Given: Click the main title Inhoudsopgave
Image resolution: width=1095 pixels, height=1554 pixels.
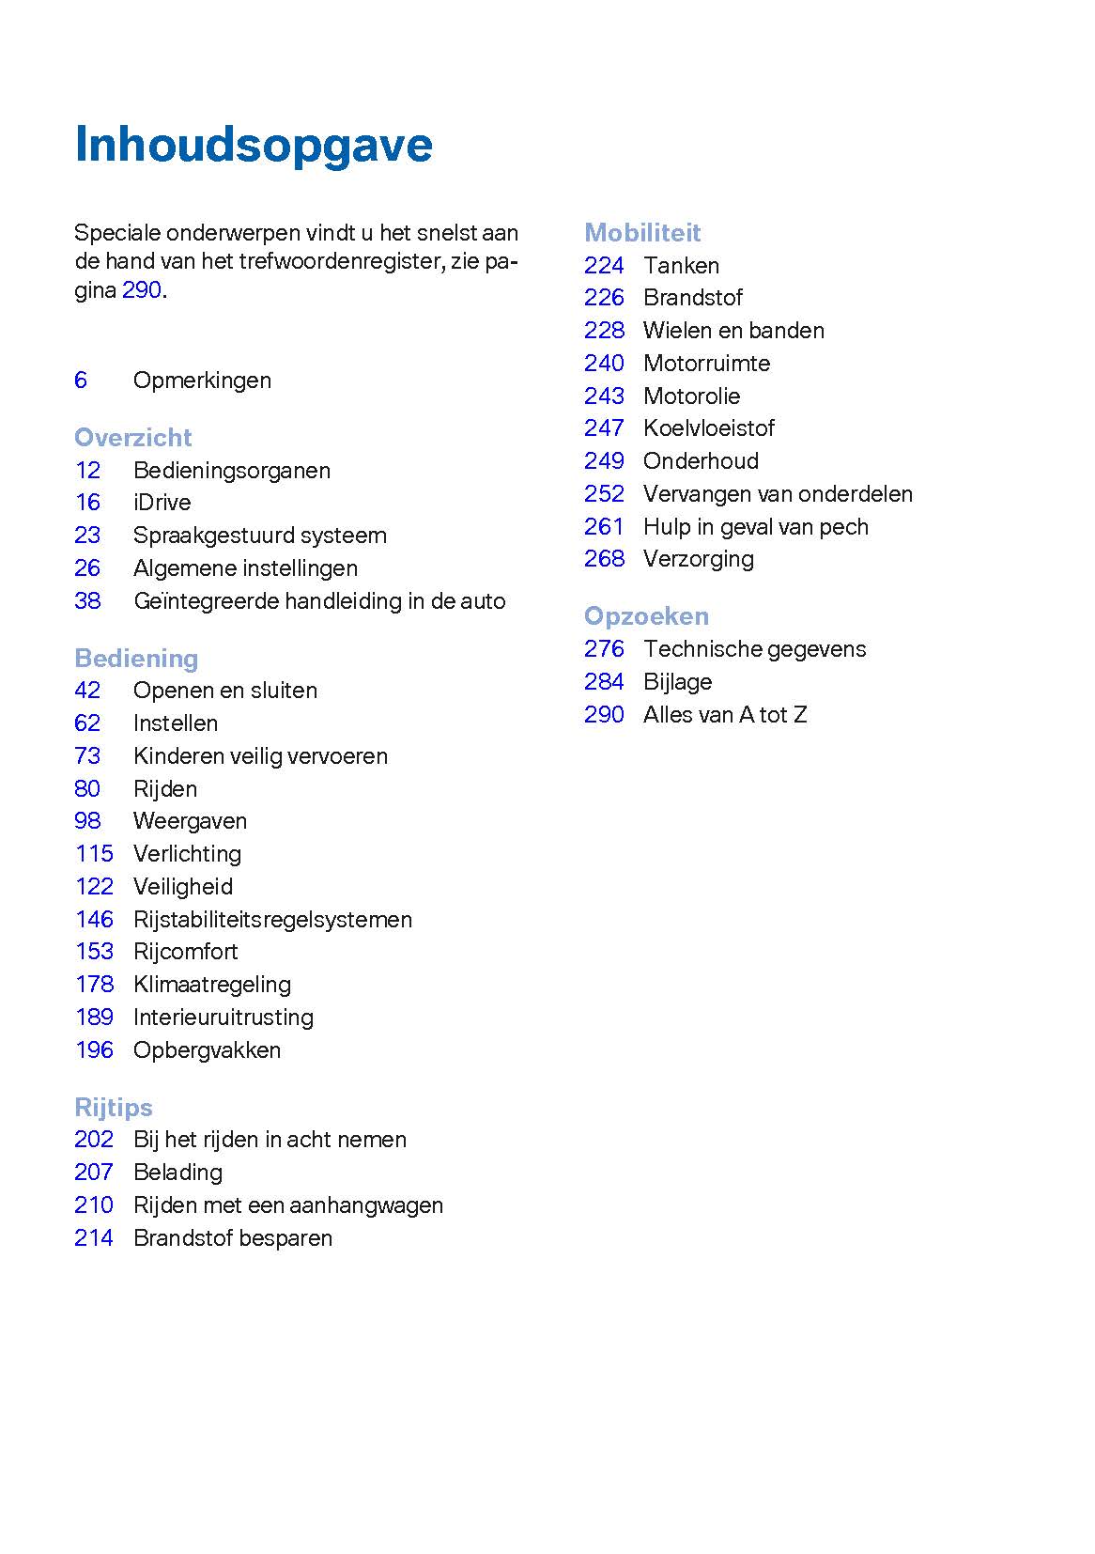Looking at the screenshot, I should tap(253, 146).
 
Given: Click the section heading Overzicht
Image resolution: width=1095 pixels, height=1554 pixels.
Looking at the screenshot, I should tap(132, 438).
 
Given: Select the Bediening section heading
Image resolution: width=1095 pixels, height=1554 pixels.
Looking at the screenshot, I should tap(136, 659).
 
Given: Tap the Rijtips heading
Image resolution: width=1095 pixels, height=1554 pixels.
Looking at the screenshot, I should tap(113, 1107).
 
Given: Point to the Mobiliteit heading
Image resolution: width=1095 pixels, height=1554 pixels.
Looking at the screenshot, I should tap(642, 233).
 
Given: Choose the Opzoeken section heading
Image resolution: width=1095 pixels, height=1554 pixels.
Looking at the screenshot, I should tap(646, 616).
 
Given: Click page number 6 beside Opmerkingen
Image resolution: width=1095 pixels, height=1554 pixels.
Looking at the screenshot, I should tap(81, 381).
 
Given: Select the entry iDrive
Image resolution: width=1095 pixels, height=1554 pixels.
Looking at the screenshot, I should tap(162, 503).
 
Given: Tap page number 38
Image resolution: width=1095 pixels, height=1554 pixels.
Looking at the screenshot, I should tap(87, 601).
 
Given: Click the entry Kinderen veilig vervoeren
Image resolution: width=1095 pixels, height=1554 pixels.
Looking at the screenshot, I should tap(260, 756).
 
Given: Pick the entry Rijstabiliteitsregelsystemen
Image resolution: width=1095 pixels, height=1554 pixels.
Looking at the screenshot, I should tap(272, 920).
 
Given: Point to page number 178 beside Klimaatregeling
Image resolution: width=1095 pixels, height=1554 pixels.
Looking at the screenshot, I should tap(94, 985).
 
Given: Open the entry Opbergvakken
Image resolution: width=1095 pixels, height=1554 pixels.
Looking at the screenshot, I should tap(207, 1050).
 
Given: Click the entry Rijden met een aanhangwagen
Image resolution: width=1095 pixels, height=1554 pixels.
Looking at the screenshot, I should tap(287, 1205).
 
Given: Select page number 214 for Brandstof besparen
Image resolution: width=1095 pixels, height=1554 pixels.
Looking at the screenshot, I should tap(94, 1238).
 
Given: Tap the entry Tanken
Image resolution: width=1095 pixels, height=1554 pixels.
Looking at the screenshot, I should tap(681, 266).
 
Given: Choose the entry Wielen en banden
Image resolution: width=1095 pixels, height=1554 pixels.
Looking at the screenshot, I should tap(733, 331).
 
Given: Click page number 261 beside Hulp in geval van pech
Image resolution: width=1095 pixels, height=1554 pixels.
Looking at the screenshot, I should tap(604, 527).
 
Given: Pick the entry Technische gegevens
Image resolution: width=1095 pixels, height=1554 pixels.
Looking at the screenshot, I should tap(754, 649).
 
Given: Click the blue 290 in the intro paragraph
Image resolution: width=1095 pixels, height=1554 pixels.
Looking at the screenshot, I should tap(142, 290).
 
